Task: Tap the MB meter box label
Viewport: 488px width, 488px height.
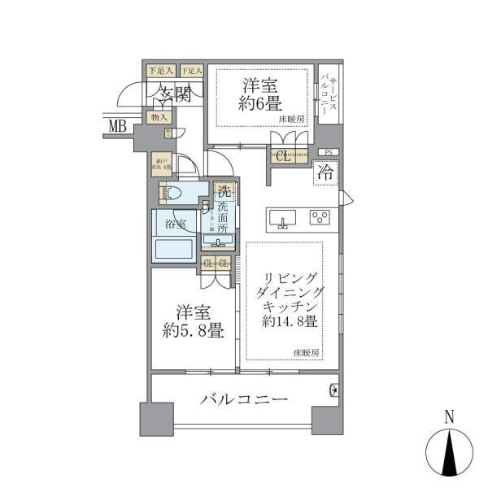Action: click(119, 125)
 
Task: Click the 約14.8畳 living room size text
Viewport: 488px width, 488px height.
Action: click(290, 322)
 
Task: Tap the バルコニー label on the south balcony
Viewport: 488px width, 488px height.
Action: click(243, 400)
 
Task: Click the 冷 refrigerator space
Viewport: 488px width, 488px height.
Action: click(325, 172)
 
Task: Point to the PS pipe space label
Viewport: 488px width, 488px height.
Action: click(329, 152)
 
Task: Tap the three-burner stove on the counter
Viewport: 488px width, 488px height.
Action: click(320, 217)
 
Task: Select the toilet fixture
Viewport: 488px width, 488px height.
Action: click(172, 194)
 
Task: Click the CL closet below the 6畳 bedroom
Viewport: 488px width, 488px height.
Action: click(282, 157)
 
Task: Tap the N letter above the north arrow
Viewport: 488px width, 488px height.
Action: click(449, 418)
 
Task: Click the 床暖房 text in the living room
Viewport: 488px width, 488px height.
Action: click(307, 352)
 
